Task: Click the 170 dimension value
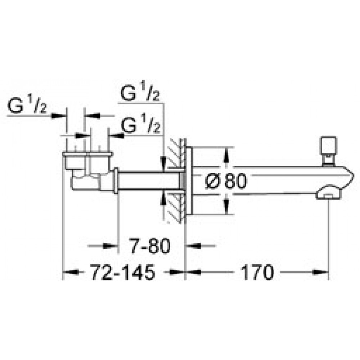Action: tap(257, 272)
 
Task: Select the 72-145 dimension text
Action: tap(122, 272)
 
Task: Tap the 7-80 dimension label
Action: tap(150, 246)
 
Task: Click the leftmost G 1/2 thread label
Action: tap(27, 104)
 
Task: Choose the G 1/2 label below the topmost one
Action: tap(140, 124)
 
